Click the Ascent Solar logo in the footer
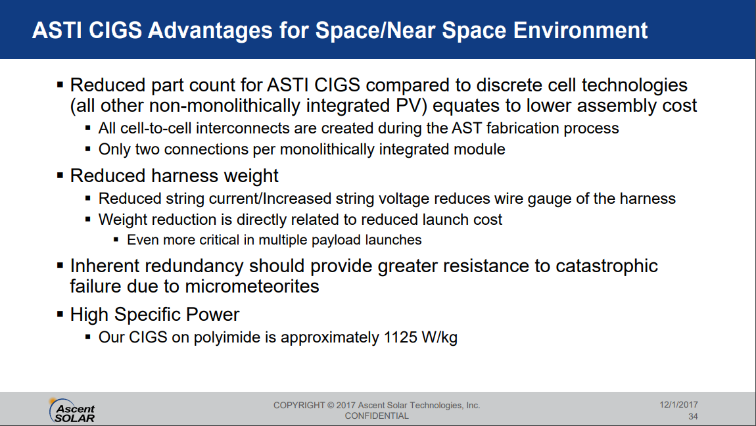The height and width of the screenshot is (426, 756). point(72,411)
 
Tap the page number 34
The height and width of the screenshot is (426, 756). point(693,416)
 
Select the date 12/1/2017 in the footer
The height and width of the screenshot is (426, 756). point(678,405)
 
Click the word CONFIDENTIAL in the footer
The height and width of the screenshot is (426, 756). point(377,416)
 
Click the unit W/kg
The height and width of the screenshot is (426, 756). point(439,337)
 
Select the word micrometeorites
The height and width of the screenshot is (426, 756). point(252,286)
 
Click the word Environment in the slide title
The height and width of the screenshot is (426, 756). point(580,30)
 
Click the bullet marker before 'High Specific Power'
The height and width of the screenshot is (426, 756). point(60,315)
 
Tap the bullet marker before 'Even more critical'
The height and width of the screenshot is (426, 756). point(116,239)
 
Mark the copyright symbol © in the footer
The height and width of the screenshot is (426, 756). point(330,405)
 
